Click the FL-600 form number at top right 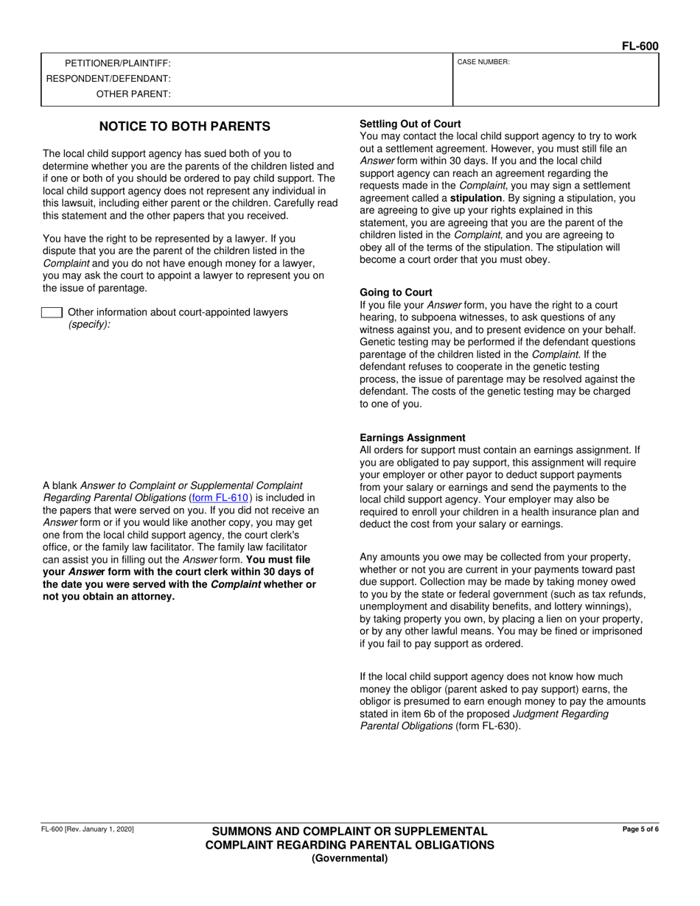tap(640, 46)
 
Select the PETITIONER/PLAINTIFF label tap(118, 64)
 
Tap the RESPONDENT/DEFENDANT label tap(108, 79)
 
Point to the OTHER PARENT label tap(133, 94)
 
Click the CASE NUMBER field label tap(483, 63)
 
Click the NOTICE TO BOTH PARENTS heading tap(185, 127)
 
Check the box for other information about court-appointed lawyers tap(52, 313)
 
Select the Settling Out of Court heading tap(410, 124)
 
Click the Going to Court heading tap(396, 292)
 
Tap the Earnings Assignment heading tap(413, 438)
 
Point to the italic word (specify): tap(89, 325)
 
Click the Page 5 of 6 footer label tap(640, 829)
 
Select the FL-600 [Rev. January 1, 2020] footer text tap(88, 829)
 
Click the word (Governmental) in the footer tap(349, 858)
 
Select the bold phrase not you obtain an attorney tap(109, 597)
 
